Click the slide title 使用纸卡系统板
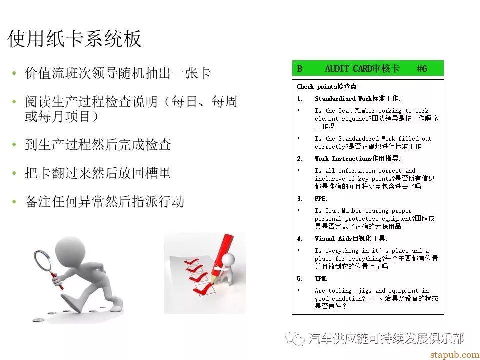pos(74,39)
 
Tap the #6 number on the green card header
pos(422,68)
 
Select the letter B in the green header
pos(299,69)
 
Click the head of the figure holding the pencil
pos(228,260)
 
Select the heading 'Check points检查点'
pos(327,86)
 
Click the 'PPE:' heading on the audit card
pos(321,199)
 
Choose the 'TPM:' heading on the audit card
pos(321,279)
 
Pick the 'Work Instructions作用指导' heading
pos(358,159)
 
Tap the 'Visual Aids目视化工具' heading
pos(351,239)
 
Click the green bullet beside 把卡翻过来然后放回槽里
pos(14,173)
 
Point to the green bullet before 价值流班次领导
pos(14,73)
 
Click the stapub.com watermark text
pos(454,355)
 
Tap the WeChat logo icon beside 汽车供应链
pos(295,338)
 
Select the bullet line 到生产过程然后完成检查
pos(98,145)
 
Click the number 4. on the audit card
pos(300,239)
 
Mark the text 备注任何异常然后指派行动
pos(104,202)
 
